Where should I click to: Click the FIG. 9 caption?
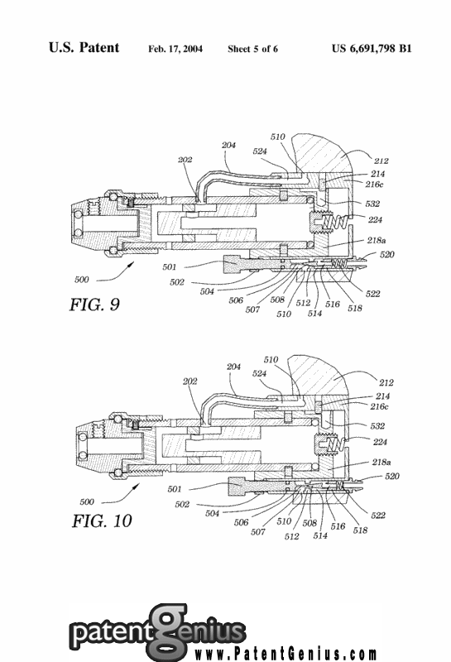click(x=94, y=305)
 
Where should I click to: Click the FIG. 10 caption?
click(x=102, y=521)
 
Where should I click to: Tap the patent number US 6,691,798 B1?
click(x=372, y=49)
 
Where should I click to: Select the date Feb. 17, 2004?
click(x=175, y=49)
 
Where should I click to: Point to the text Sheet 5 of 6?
click(x=252, y=49)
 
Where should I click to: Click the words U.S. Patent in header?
click(x=84, y=48)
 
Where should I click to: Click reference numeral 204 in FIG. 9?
click(x=229, y=146)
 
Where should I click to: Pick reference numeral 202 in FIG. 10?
click(x=190, y=381)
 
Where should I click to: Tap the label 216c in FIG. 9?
click(x=374, y=185)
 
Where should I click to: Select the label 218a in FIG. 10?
click(x=381, y=463)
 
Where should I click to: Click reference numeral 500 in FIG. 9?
click(x=82, y=280)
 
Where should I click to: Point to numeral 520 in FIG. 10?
click(x=392, y=477)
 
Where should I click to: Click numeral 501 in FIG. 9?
click(x=170, y=266)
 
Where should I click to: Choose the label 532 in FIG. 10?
click(x=377, y=426)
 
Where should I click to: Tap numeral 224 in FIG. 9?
click(x=375, y=220)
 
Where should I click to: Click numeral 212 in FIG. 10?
click(x=386, y=383)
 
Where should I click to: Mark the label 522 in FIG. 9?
click(x=373, y=294)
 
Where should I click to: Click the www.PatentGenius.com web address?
click(x=285, y=655)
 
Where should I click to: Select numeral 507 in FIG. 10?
click(x=257, y=532)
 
